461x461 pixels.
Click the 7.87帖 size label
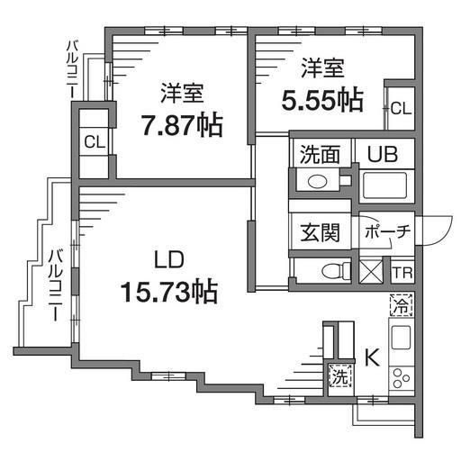coord(182,124)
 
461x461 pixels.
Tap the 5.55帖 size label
coord(322,100)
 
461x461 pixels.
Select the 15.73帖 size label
coord(169,292)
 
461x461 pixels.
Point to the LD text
coord(168,259)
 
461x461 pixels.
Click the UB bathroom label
coord(383,154)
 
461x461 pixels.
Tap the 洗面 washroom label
coord(320,154)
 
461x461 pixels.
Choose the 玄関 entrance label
coord(320,232)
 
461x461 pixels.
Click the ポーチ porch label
coord(387,231)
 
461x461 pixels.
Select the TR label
coord(402,273)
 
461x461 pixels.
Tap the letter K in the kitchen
coord(372,357)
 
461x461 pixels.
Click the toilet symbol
coord(336,271)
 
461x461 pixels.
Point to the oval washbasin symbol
coord(317,181)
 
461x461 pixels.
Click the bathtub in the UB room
coord(384,185)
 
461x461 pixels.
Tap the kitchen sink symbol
coord(402,337)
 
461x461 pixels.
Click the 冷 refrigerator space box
coord(402,305)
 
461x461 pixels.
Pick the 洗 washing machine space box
coord(340,375)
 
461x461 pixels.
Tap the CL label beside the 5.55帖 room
coord(402,108)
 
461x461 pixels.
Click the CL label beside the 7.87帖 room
coord(95,141)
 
